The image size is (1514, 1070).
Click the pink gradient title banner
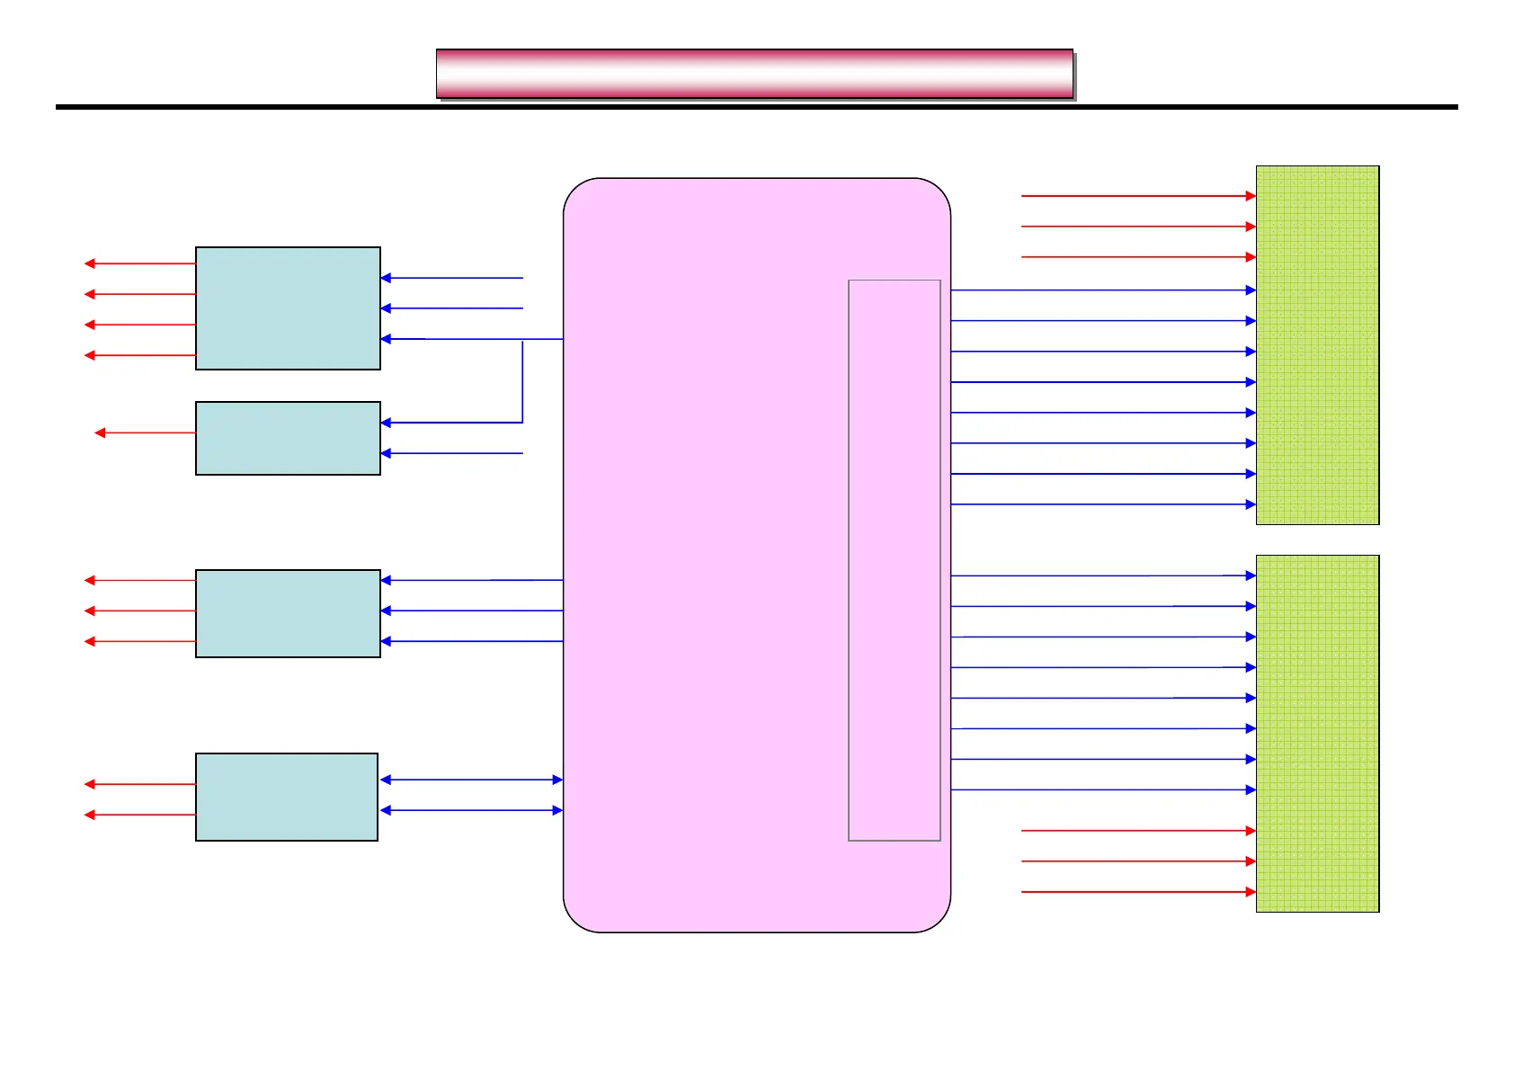point(754,74)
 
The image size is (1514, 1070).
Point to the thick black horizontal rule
point(756,107)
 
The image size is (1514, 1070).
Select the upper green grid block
point(1317,344)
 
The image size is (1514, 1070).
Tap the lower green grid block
point(1317,733)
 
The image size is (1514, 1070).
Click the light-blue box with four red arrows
point(288,308)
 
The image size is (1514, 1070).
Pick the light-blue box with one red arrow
point(288,438)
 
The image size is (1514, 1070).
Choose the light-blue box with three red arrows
point(288,613)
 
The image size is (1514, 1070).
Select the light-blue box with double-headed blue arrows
point(287,797)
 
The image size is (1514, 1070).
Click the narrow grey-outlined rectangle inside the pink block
point(894,560)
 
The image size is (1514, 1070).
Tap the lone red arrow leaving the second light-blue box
point(145,432)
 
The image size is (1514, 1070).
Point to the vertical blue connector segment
point(522,380)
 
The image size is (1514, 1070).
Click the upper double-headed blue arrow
point(471,780)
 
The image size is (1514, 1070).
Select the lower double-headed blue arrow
point(471,810)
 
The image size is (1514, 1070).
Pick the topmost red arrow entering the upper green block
point(1138,195)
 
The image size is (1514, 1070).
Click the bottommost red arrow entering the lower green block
point(1138,892)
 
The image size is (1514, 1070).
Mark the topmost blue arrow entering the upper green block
point(1102,290)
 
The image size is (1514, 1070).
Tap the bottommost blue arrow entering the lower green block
point(1102,789)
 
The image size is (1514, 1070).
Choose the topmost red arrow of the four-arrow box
point(140,263)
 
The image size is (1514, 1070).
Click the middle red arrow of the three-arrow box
point(140,611)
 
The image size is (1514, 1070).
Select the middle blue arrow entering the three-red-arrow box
point(471,611)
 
